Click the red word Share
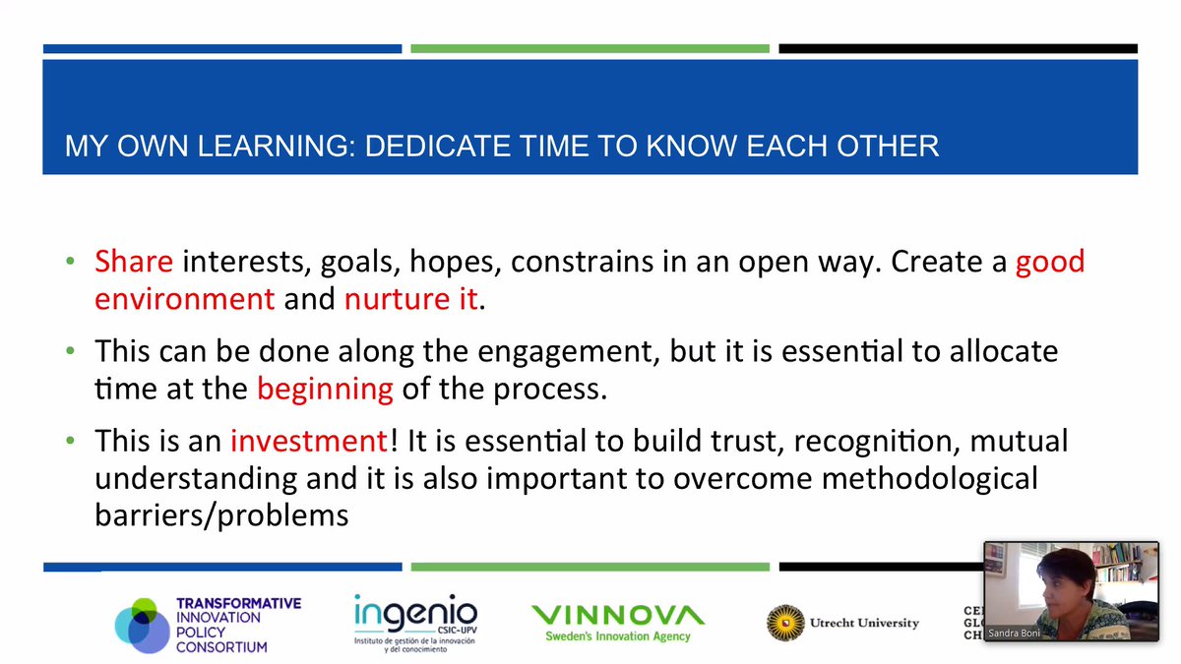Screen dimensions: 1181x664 tap(134, 261)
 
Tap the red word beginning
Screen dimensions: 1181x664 tap(325, 390)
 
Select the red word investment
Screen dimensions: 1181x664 tap(309, 441)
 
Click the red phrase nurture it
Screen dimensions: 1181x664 tap(410, 299)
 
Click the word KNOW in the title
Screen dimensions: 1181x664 tap(692, 146)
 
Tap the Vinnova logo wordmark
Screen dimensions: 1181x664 tap(618, 615)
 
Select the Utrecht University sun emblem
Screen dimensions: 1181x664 tap(785, 623)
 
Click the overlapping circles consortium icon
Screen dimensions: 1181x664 tap(143, 626)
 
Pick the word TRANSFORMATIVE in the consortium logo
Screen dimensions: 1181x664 tap(239, 603)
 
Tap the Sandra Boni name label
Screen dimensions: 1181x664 tap(1014, 633)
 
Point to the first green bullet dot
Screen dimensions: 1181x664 tap(71, 261)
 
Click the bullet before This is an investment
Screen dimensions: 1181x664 tap(71, 441)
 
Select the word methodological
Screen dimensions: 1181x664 tap(929, 478)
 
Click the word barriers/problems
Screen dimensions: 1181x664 tap(221, 514)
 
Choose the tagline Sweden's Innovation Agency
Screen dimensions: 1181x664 tap(618, 636)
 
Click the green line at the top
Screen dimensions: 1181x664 tap(590, 49)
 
